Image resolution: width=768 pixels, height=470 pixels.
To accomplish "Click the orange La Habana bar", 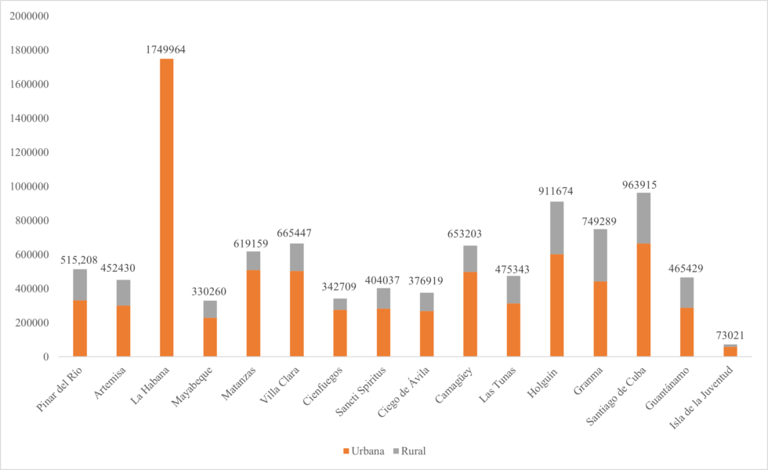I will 166,208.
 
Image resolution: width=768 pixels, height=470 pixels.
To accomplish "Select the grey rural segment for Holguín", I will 556,228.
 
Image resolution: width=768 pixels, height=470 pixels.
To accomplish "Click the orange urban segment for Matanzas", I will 253,313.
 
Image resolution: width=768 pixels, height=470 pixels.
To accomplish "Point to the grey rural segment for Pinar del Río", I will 80,284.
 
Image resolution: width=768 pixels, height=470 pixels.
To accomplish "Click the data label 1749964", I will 165,49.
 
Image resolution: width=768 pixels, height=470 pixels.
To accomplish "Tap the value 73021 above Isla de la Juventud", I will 730,335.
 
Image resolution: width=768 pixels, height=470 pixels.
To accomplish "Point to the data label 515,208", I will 80,260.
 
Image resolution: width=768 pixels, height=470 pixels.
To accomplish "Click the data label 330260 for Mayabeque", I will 209,291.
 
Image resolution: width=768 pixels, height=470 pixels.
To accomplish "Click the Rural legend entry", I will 410,451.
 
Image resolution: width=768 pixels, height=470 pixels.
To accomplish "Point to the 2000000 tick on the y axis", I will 28,16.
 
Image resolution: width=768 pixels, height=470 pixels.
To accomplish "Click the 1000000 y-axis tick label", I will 28,186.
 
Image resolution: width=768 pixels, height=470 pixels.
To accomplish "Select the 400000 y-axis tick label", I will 31,289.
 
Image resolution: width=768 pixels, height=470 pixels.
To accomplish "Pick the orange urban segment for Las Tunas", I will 513,330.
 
